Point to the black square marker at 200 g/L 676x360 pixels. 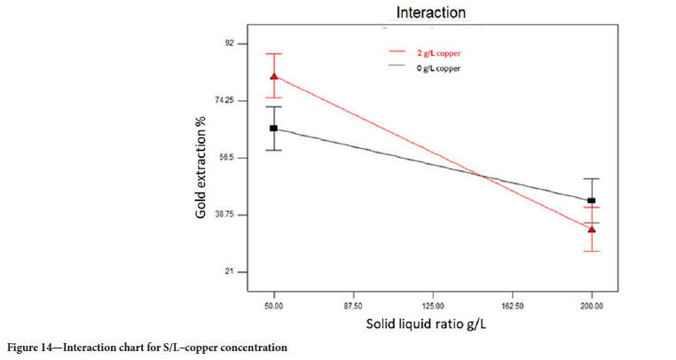(591, 200)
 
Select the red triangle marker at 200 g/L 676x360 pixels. (591, 229)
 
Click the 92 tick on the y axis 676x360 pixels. (229, 43)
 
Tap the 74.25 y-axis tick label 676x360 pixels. (224, 100)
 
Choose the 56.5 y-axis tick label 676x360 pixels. (226, 158)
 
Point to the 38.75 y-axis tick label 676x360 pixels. (224, 215)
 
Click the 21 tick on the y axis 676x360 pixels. (229, 271)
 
